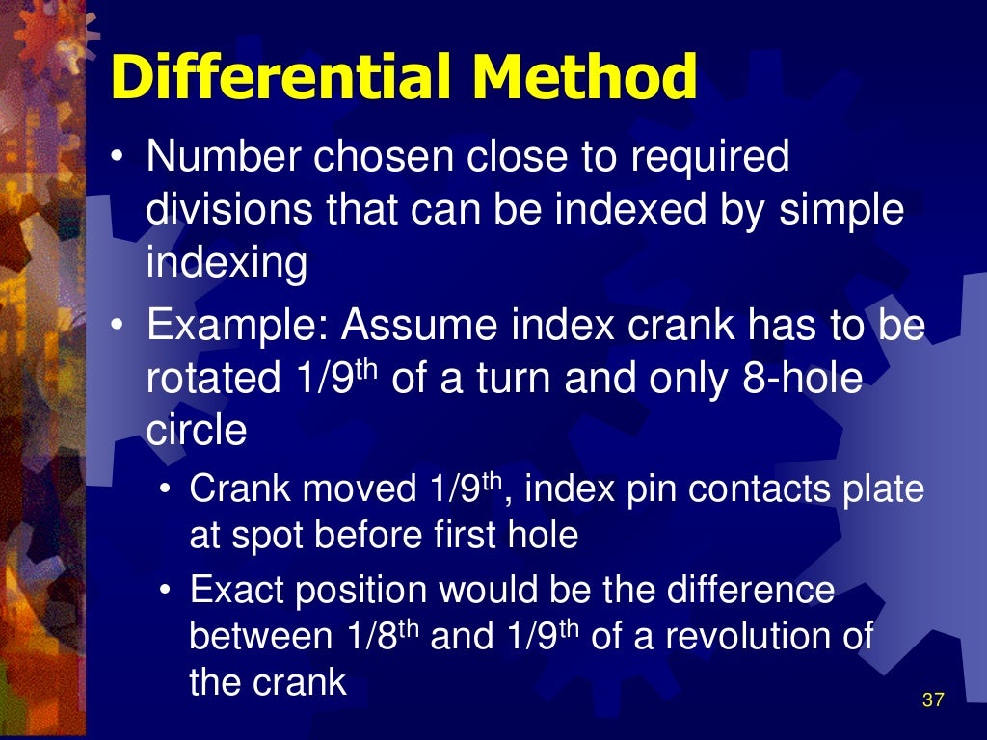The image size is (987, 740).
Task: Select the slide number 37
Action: point(932,700)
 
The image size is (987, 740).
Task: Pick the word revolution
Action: point(778,637)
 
